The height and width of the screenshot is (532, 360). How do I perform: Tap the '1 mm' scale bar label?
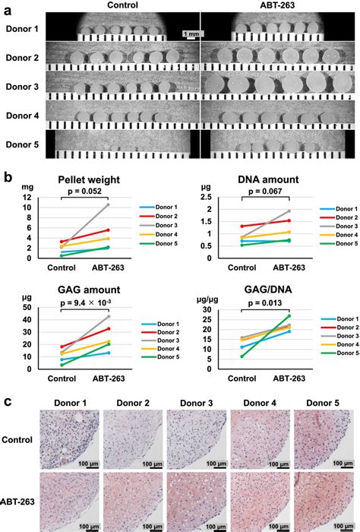coord(191,34)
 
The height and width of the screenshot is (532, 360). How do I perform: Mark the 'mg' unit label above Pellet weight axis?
coord(16,185)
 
